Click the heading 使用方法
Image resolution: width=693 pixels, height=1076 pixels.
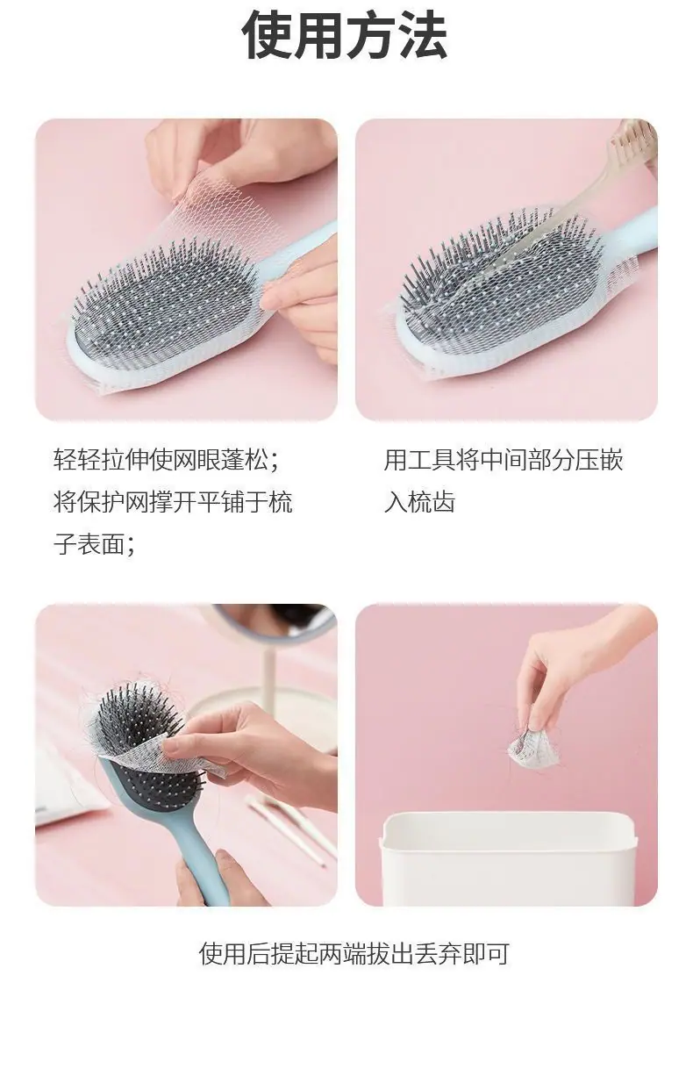tap(345, 37)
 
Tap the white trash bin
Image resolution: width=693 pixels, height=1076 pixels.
tap(508, 859)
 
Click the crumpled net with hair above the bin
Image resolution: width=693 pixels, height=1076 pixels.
tap(534, 750)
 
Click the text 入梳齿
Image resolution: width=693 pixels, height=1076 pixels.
tap(419, 502)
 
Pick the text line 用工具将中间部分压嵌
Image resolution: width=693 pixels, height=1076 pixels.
tap(504, 460)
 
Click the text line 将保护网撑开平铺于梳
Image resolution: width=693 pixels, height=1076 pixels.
tap(173, 502)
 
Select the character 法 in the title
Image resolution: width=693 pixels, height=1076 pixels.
tap(423, 37)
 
